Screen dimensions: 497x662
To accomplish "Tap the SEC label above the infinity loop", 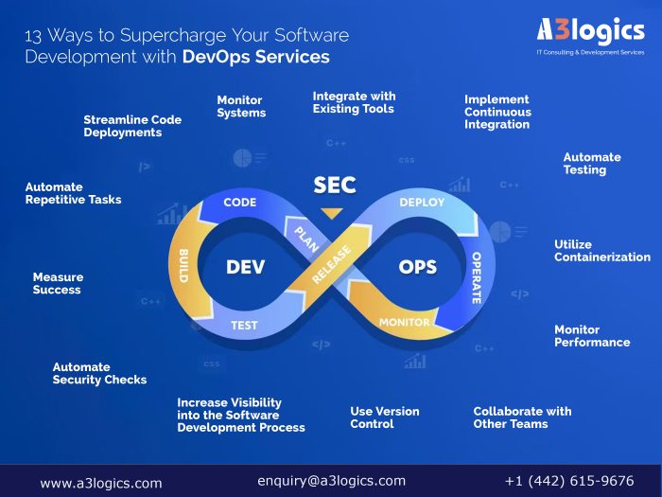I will coord(334,186).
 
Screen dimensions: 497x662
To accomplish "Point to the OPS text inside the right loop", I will coord(417,268).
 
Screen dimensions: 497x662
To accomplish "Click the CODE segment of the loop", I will coord(240,203).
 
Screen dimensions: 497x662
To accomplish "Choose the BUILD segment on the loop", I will coord(182,266).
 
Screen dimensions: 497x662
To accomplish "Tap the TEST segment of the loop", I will coord(244,326).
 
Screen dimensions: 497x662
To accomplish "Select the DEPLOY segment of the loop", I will coord(422,203).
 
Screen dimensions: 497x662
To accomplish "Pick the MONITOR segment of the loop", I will coord(404,322).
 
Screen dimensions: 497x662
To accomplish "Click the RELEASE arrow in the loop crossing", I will coord(329,264).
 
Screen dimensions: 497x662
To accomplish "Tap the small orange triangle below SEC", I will coord(330,213).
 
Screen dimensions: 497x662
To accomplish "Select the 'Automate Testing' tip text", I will coord(592,164).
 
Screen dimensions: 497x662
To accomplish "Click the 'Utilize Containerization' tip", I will coord(601,251).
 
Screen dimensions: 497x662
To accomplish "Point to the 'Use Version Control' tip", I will coord(384,417).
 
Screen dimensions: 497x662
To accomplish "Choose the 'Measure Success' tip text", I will coord(58,283).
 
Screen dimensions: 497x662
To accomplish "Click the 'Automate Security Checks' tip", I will coord(99,373).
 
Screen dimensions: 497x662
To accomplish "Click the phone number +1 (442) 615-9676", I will coord(569,481).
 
